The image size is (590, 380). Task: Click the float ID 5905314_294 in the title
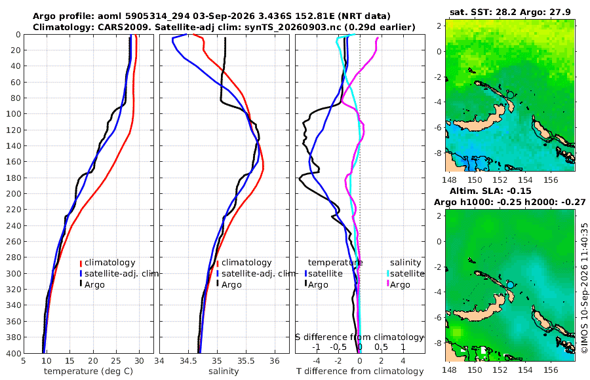pos(157,16)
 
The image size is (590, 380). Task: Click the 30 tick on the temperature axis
pos(139,360)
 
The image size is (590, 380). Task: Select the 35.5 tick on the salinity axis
pos(246,360)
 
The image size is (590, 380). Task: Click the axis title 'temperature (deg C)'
pos(88,371)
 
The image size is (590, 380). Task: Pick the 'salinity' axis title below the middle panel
pos(224,371)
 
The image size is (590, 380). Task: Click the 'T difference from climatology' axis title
pos(360,371)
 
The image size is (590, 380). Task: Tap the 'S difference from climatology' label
pos(360,337)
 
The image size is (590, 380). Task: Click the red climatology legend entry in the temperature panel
pos(108,263)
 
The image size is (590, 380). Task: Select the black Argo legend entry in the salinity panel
pos(229,284)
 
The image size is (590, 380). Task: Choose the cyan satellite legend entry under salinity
pos(406,273)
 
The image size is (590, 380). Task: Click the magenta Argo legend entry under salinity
pos(397,284)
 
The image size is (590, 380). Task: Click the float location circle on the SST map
pos(510,94)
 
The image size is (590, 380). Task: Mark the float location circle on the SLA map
pos(510,285)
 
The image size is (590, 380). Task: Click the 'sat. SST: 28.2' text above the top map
pos(483,12)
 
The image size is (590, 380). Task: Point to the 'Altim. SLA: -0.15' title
pos(490,191)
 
